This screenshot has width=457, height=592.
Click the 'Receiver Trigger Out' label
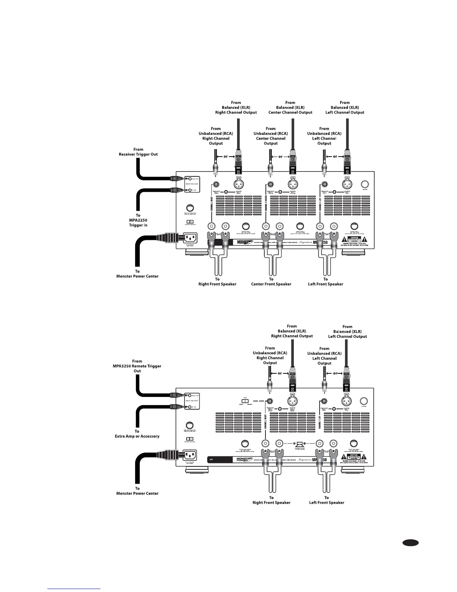click(x=138, y=152)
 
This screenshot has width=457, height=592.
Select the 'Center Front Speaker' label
click(x=271, y=282)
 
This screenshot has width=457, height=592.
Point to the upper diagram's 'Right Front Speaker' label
click(x=217, y=282)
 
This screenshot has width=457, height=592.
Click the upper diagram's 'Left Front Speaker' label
click(x=326, y=282)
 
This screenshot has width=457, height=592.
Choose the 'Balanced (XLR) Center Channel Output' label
click(x=290, y=108)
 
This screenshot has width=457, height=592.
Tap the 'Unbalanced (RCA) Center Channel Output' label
click(x=271, y=136)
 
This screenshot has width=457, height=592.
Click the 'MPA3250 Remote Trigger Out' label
click(x=137, y=366)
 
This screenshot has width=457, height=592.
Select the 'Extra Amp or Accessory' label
click(x=137, y=434)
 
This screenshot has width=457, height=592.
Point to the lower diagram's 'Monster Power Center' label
click(x=137, y=491)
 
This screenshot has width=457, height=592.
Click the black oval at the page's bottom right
click(x=411, y=543)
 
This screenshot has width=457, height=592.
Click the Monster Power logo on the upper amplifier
click(x=245, y=243)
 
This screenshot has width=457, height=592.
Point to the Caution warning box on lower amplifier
click(x=354, y=456)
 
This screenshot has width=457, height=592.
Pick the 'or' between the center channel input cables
click(x=280, y=157)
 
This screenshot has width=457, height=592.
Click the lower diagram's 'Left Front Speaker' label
click(x=327, y=500)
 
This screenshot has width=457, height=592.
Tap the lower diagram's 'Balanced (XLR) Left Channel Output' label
click(x=348, y=332)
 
